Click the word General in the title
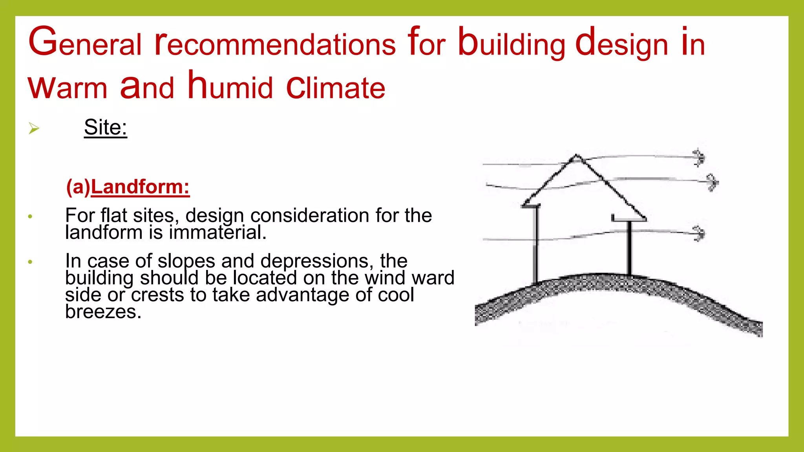coord(84,42)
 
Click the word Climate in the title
coord(336,87)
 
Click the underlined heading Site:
coord(106,128)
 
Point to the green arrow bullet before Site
coord(34,128)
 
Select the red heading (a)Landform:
coord(128,187)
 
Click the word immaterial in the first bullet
coord(217,232)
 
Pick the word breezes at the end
coord(103,312)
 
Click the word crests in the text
coord(157,295)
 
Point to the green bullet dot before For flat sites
coord(30,217)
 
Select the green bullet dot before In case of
coord(30,262)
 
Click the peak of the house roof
coord(576,157)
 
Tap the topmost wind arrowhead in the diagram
coord(699,157)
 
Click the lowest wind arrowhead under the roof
coord(699,233)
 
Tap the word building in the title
coord(512,44)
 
